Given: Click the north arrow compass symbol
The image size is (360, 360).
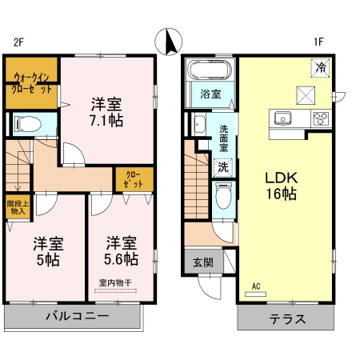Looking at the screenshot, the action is tap(169, 42).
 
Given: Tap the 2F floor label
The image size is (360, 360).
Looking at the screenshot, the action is tap(19, 42).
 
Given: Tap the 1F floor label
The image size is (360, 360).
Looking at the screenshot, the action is tap(318, 42).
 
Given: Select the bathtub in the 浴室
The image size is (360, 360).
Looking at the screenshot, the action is tap(210, 70).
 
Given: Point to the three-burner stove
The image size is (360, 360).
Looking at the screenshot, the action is tap(321, 118).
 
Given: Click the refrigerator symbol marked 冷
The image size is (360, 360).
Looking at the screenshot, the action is tap(321, 68).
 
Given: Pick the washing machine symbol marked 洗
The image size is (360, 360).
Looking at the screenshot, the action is tap(223, 167).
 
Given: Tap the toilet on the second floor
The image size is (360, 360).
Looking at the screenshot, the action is tap(28, 125).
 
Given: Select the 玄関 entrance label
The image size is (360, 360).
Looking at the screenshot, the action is tap(203, 262).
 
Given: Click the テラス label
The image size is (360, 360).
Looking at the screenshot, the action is tap(287, 318).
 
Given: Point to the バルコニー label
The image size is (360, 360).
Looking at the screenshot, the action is tap(78, 316).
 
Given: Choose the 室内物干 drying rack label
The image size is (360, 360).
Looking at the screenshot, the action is tap(115, 282).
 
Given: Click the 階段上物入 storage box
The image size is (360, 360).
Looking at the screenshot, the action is tap(18, 207).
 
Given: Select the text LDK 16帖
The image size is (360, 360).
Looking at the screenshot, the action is tap(281, 186).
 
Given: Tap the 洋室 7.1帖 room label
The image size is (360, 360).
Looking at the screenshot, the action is tap(106, 112).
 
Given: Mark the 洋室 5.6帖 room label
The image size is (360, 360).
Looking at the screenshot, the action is tap(122, 251).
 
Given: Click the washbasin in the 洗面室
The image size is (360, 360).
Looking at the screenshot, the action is tap(199, 125).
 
